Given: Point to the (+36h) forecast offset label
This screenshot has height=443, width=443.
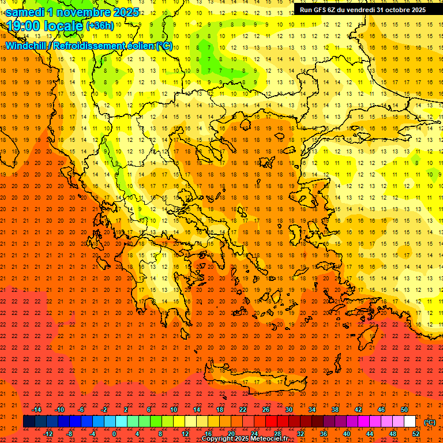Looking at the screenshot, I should (x=100, y=26).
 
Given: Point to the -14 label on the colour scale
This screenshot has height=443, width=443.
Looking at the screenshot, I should (x=37, y=410).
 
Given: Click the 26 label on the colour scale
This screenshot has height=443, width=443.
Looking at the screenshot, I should (x=266, y=410).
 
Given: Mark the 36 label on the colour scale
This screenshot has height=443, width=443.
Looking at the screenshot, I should (x=323, y=434).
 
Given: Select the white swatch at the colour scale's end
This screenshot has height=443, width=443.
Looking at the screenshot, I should (x=410, y=422).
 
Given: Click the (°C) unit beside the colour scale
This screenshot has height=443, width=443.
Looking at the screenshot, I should (x=429, y=422).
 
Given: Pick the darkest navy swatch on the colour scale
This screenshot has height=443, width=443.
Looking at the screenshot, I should (x=29, y=422).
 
